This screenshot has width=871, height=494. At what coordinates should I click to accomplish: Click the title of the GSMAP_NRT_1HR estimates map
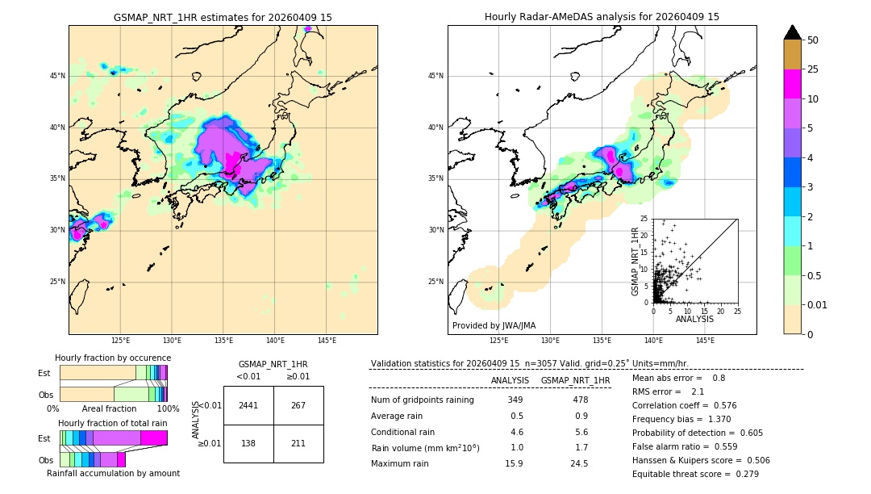(x=223, y=17)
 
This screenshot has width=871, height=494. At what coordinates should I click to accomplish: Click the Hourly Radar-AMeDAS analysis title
(x=602, y=17)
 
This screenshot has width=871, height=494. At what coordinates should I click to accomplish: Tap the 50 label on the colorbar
(x=813, y=40)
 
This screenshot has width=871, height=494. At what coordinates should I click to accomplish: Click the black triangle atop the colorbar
(x=793, y=32)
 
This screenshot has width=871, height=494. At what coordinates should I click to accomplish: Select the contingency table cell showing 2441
(x=248, y=405)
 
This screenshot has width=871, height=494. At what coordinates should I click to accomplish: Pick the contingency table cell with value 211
(x=298, y=443)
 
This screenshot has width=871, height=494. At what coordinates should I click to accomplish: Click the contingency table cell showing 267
(x=298, y=405)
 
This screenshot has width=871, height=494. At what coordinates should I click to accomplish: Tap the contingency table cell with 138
(x=248, y=443)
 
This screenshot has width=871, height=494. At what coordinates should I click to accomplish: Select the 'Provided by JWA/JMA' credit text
(x=494, y=325)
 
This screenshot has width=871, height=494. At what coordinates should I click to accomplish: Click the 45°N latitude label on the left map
(x=56, y=76)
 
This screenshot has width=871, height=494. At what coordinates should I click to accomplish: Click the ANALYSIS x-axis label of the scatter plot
(x=694, y=319)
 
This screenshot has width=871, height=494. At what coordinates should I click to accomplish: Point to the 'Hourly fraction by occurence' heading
(x=113, y=358)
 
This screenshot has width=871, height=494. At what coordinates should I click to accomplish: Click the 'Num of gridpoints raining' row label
(x=423, y=400)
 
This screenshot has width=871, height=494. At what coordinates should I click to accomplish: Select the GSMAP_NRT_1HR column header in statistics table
(x=576, y=380)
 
